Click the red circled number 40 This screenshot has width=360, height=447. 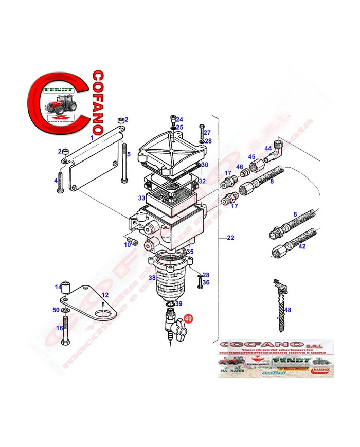pos(188,318)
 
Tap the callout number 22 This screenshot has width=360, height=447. pos(230,238)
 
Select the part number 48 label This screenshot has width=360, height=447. pos(287,310)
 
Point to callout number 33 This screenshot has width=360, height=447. pos(141,198)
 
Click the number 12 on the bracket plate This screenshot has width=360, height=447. pos(105,295)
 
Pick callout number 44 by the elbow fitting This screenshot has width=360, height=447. pos(268,148)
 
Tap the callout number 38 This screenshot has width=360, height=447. pos(152,278)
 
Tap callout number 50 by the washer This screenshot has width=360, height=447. pos(56,310)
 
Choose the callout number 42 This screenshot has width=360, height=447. pos(302,246)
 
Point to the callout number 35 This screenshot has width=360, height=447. pos(190,252)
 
